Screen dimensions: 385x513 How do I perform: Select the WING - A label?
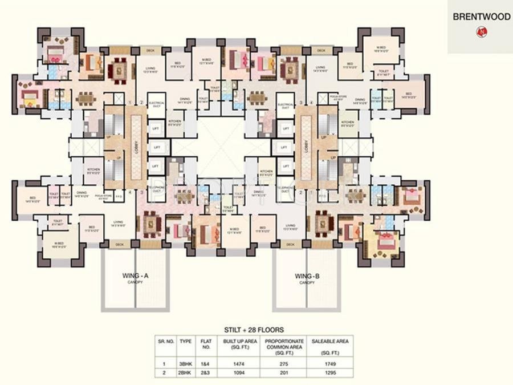point(136,276)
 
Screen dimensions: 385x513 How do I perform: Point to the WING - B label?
point(307,276)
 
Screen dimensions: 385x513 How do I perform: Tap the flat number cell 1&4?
point(206,363)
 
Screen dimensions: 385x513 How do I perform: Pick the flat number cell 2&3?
point(206,374)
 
